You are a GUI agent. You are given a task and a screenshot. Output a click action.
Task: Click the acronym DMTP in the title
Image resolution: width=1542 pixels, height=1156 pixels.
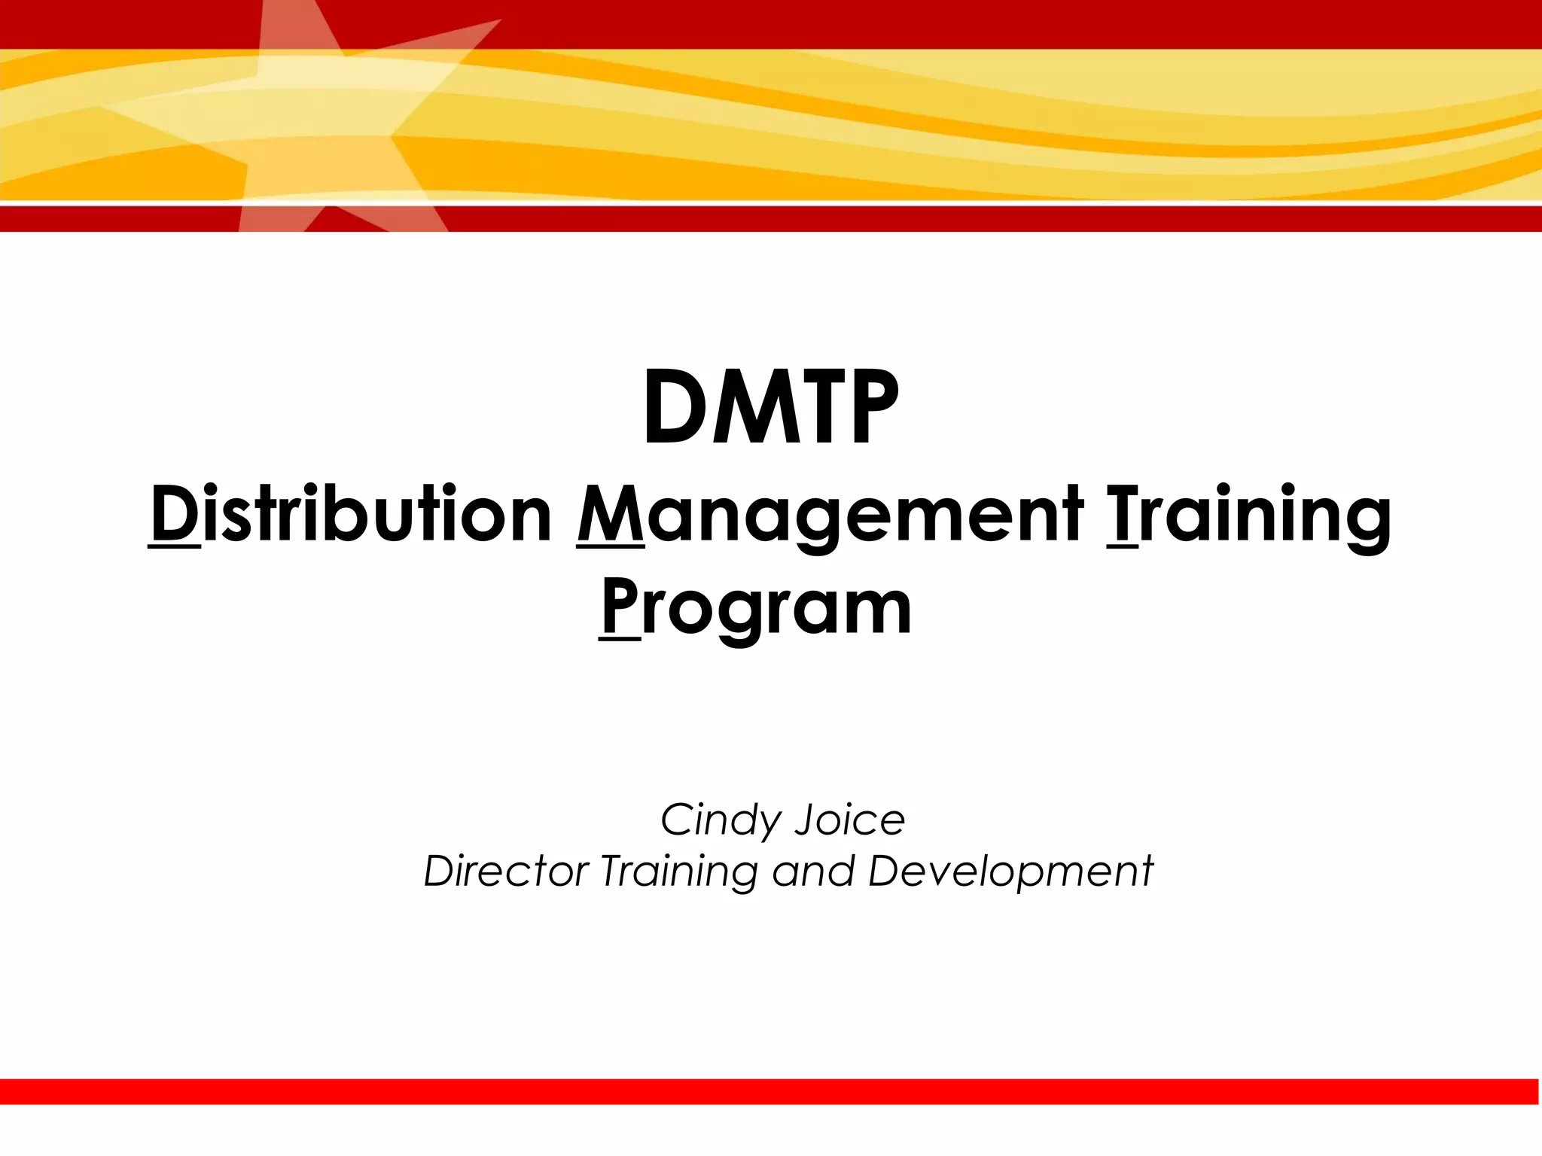770,409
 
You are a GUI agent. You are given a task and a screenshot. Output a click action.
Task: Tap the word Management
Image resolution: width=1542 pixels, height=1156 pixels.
830,516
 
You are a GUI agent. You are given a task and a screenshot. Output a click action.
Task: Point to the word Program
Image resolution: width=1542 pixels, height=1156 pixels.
756,608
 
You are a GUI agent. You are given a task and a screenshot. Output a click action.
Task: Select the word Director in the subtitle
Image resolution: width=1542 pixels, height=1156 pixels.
506,872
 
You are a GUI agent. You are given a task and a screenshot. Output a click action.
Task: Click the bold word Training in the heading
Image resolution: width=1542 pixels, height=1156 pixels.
1248,516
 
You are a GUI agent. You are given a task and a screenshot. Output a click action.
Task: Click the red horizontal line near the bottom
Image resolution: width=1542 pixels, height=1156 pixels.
770,1091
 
